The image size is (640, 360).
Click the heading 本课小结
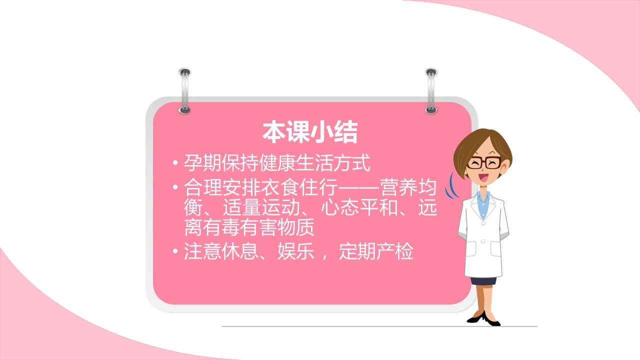point(310,132)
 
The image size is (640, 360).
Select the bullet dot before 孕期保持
point(174,163)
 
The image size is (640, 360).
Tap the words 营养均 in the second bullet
point(408,188)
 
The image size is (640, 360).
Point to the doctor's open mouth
point(483,176)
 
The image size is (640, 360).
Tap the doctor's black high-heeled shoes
point(483,318)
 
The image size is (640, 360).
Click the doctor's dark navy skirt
point(483,280)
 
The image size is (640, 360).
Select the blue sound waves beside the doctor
point(454,185)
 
